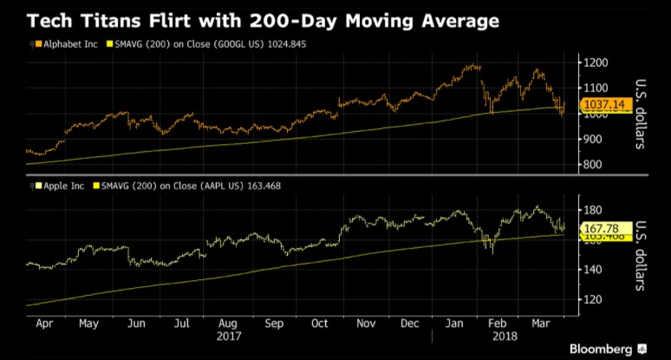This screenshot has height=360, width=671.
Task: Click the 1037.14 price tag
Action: pos(603,105)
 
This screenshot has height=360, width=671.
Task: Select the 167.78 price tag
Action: pos(602,228)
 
